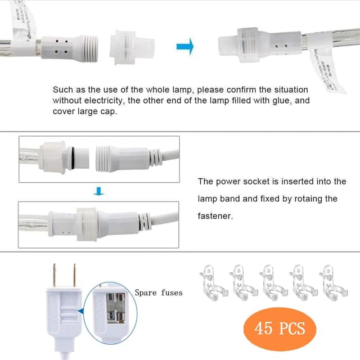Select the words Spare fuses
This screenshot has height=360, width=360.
(x=158, y=292)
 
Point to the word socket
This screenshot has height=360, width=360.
(x=251, y=182)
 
